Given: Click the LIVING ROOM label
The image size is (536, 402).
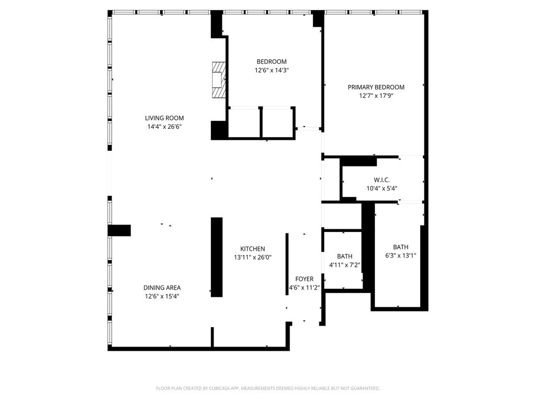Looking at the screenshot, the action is tap(164, 118).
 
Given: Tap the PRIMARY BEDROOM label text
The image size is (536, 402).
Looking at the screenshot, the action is tap(376, 87).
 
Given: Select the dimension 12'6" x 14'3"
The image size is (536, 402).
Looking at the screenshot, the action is tap(272, 71).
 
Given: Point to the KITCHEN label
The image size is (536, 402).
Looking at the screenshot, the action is tap(253, 249).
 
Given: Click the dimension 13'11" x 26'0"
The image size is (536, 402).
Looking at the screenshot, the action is tap(253, 258).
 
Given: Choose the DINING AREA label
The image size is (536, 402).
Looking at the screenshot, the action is tap(162, 288).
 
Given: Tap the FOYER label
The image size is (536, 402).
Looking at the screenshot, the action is tap(304, 279).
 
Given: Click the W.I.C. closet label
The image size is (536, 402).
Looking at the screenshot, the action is tap(382, 180).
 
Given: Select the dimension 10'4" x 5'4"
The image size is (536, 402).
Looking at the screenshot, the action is tap(382, 188).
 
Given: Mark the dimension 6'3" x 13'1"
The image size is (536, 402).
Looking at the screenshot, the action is tap(400, 255).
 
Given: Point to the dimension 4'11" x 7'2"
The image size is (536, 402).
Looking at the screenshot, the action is tap(344, 265).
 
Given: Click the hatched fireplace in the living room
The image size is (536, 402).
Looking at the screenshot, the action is tap(219, 80).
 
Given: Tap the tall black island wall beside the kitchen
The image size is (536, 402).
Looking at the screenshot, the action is tap(217, 257).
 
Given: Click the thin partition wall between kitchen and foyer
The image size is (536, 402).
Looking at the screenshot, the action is tap(287, 264).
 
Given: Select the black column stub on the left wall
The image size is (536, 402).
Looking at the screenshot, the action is tap(119, 230).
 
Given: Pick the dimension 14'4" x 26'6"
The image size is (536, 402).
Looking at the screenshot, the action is tap(164, 127).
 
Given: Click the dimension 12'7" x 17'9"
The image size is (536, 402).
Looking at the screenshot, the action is tap(376, 96).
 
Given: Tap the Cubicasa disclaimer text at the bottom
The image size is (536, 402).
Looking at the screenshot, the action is tap(267, 388).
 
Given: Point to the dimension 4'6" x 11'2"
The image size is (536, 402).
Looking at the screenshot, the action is tap(304, 288).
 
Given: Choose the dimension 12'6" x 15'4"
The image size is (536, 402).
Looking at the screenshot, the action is tap(162, 297).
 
